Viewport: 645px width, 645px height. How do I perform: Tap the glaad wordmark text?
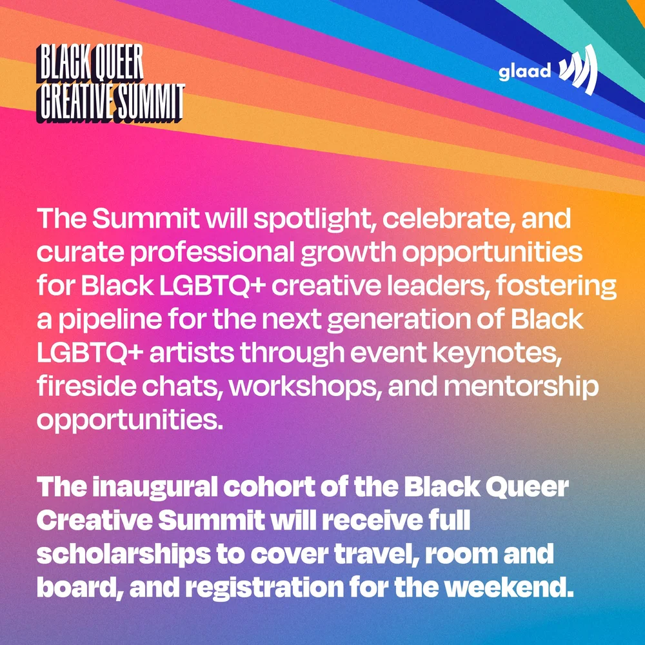pyautogui.click(x=524, y=71)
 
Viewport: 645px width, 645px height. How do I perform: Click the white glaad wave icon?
pyautogui.click(x=578, y=70)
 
